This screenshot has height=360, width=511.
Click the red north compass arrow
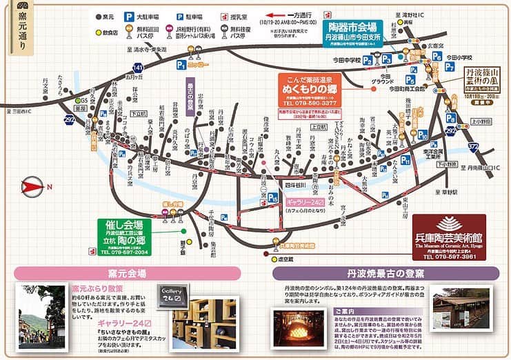pos(30,186)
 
